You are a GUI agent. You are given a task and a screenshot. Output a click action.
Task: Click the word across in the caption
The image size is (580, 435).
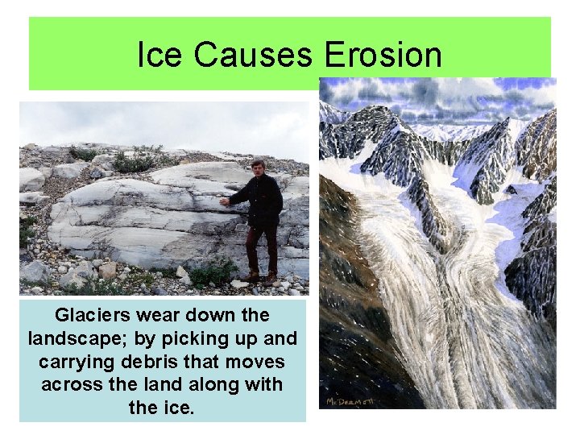(71, 385)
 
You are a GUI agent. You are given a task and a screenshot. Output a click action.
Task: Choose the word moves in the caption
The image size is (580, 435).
(262, 362)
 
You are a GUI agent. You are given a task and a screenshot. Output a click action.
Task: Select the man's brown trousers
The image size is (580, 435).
(261, 250)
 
